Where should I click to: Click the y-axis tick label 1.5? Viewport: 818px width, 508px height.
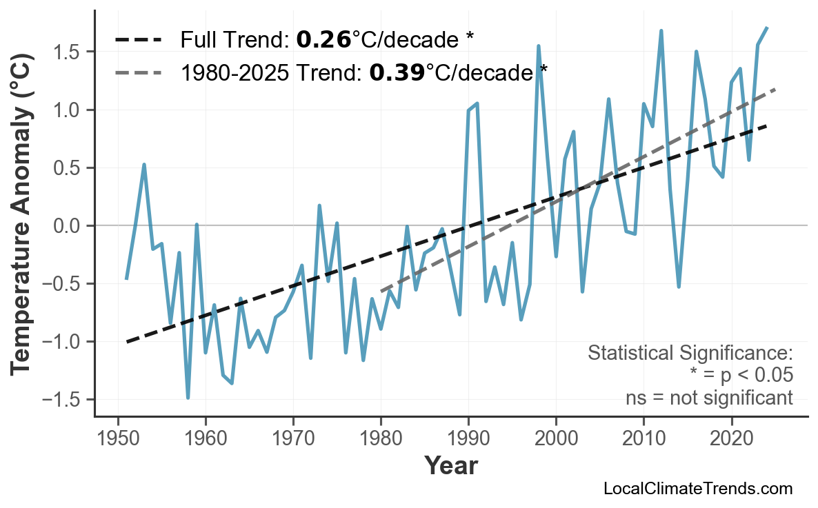67,52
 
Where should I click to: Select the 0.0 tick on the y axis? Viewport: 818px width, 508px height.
67,226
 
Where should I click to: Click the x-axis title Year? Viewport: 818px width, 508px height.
450,467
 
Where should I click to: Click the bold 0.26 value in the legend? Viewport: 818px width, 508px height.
323,40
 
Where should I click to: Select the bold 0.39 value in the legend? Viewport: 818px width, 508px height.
397,72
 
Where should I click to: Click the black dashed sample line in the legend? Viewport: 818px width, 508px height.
138,40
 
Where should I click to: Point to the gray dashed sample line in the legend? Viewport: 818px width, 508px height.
138,72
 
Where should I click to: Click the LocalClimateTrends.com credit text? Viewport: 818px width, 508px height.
697,489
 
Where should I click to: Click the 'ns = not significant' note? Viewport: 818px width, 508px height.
708,398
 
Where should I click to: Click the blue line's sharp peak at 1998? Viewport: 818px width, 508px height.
538,46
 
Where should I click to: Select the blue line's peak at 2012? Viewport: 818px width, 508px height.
661,31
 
